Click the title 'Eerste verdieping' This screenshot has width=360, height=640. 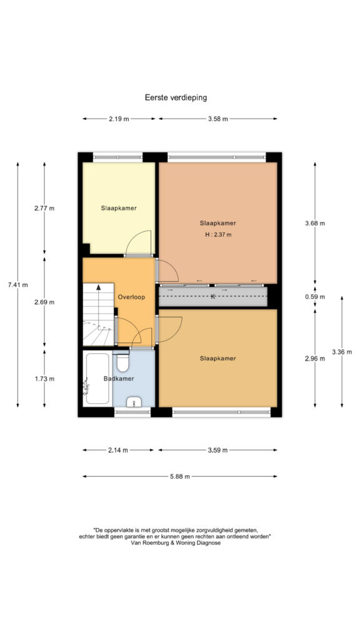176,97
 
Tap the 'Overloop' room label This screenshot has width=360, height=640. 131,297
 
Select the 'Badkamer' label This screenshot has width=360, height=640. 119,379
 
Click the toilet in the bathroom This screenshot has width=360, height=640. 123,362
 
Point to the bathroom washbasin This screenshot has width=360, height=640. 134,402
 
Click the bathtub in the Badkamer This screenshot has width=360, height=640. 97,379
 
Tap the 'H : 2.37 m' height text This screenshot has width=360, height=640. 218,235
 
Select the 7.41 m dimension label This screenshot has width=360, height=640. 17,285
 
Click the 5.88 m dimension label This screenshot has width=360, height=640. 180,476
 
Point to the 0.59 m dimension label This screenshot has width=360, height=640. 315,297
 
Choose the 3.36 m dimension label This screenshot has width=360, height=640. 342,352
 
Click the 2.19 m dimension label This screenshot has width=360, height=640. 119,119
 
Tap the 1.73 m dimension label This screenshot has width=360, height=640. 44,378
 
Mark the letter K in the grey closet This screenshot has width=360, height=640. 212,296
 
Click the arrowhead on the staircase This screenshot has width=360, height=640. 99,286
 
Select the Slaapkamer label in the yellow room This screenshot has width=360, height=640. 119,207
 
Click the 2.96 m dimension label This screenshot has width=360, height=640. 315,359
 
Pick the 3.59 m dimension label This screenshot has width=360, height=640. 217,450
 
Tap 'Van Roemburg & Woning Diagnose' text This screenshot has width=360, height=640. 176,543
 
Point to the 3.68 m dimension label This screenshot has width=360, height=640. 315,223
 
